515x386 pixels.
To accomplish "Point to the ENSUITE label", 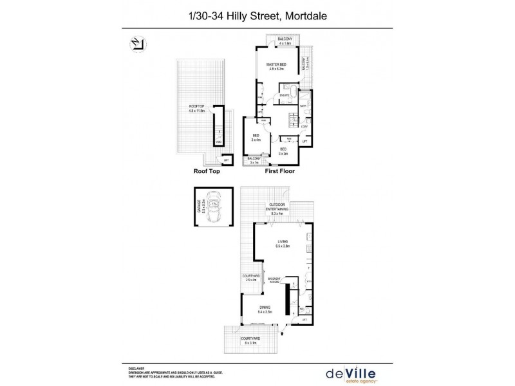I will (x=266, y=95).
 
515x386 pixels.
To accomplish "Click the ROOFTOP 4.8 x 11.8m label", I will (x=196, y=109).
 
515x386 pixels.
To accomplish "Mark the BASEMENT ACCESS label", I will (x=281, y=280).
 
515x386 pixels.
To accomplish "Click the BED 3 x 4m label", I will (x=256, y=136).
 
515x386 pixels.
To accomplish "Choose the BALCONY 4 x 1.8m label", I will (x=286, y=41).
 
